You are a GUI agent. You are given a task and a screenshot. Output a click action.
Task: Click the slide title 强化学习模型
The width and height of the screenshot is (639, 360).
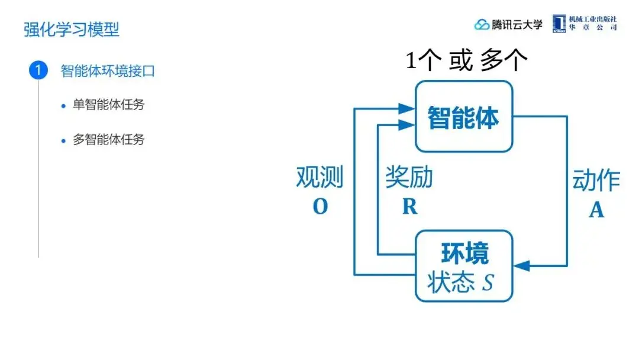point(72,30)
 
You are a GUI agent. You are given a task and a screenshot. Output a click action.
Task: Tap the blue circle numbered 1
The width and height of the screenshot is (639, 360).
point(38,71)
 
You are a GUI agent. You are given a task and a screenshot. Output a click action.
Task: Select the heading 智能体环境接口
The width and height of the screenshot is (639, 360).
point(108,71)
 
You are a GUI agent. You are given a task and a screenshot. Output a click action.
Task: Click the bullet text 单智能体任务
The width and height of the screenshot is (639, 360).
point(109,105)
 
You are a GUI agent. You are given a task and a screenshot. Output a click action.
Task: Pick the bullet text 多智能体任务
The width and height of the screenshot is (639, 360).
point(109,140)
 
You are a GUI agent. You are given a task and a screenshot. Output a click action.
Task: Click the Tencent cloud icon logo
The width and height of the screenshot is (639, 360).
point(482,24)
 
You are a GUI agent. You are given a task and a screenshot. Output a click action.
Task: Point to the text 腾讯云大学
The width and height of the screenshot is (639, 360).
point(517,24)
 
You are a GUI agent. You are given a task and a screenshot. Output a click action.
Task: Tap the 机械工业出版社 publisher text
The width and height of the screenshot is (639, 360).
point(593,20)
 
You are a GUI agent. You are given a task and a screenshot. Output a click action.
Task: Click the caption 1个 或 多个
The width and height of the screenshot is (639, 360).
point(466,60)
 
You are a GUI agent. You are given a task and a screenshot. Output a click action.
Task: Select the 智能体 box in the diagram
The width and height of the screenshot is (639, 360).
point(463,117)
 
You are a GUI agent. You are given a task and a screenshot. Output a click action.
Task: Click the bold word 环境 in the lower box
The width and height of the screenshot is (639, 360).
point(465,253)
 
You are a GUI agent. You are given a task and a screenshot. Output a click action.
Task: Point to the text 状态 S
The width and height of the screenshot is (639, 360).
point(460,282)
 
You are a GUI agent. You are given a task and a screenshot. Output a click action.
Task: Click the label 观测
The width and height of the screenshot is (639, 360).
point(319,177)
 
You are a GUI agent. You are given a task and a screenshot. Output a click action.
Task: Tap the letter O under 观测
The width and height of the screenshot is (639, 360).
point(319,207)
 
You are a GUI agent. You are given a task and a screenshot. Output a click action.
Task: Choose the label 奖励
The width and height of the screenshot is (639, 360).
point(409,177)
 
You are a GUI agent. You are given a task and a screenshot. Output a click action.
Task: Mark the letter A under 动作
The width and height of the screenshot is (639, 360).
point(596,210)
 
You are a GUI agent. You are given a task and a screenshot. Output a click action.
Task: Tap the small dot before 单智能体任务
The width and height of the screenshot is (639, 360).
point(64,106)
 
